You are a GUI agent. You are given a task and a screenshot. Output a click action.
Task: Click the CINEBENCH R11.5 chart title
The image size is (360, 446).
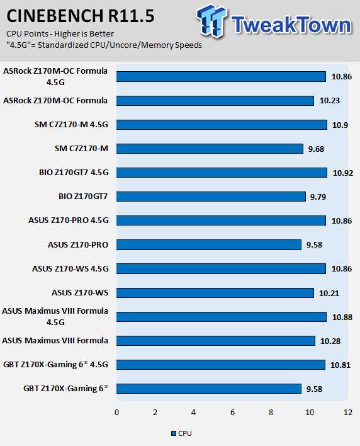pyautogui.click(x=81, y=16)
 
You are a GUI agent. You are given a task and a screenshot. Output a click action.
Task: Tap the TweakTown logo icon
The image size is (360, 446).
pyautogui.click(x=211, y=21)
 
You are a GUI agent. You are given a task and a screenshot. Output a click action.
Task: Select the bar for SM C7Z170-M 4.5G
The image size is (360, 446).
pyautogui.click(x=222, y=125)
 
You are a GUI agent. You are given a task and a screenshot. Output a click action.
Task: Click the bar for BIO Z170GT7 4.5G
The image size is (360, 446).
pyautogui.click(x=222, y=173)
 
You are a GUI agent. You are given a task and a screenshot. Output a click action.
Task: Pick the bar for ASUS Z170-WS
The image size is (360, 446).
pyautogui.click(x=215, y=293)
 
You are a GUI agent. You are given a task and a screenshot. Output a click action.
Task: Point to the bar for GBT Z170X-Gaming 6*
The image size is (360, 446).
pyautogui.click(x=209, y=389)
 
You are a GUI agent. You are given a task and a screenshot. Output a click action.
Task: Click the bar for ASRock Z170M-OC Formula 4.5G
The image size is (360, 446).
pyautogui.click(x=221, y=76)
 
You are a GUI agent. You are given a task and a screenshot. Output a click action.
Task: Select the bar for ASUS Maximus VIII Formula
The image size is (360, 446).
pyautogui.click(x=216, y=341)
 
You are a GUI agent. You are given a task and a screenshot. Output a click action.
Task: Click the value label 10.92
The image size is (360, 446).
pyautogui.click(x=343, y=173)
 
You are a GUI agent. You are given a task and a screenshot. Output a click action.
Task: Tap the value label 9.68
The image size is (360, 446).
pyautogui.click(x=316, y=149)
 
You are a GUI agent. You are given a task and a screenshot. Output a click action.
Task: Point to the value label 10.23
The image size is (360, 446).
pyautogui.click(x=330, y=101)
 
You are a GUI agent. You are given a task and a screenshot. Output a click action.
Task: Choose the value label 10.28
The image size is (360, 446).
pyautogui.click(x=330, y=341)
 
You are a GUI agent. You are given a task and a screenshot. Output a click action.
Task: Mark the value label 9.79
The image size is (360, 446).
pyautogui.click(x=318, y=197)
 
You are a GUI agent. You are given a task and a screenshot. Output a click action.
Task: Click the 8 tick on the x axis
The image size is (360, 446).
pyautogui.click(x=271, y=413)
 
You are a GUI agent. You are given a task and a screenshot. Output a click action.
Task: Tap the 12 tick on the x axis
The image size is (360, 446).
pyautogui.click(x=348, y=413)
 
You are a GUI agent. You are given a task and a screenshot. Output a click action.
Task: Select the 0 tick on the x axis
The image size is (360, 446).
pyautogui.click(x=117, y=413)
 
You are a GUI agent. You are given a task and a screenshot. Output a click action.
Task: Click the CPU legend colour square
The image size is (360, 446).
pyautogui.click(x=174, y=433)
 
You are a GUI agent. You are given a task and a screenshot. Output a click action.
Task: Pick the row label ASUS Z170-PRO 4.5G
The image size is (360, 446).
pyautogui.click(x=69, y=220)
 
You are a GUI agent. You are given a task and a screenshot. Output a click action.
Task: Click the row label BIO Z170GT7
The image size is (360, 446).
pyautogui.click(x=83, y=197)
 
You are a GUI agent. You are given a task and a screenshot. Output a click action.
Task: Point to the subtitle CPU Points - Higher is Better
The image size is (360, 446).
pyautogui.click(x=60, y=34)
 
